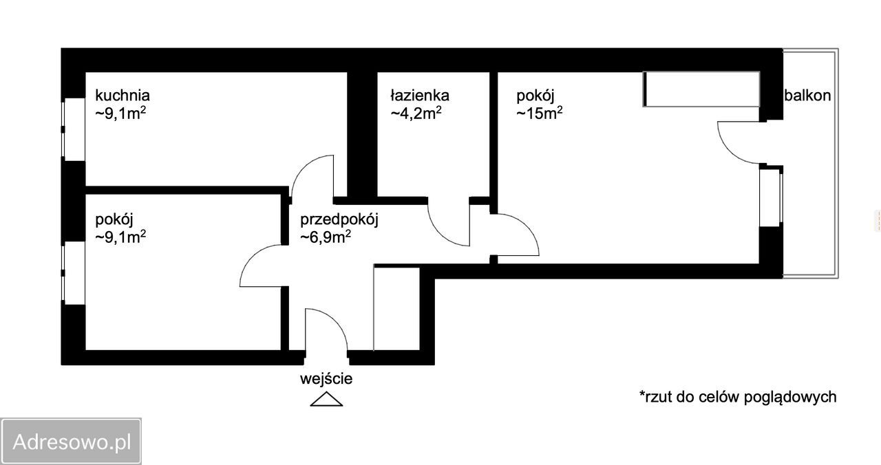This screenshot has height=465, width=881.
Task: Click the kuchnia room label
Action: coord(123,95)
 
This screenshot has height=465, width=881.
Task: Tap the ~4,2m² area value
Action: coord(416,113)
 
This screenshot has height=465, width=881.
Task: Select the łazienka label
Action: coord(420,95)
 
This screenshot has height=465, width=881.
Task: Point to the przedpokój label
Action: coord(340,220)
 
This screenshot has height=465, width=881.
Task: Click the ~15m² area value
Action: coord(540,113)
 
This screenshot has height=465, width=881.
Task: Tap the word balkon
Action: coord(807,96)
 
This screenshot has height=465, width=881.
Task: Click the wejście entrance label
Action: coord(326,378)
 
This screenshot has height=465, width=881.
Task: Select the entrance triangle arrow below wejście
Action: coord(326,399)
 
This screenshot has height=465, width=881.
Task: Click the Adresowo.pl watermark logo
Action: coord(71,441)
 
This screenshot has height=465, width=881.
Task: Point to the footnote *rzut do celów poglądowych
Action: coord(738,396)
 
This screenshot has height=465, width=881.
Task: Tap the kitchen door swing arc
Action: coord(311,175)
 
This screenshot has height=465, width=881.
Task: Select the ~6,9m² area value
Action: coord(326,238)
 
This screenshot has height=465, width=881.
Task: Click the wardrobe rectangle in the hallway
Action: coord(396,307)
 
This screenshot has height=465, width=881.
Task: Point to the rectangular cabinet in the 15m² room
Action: coord(701,89)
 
